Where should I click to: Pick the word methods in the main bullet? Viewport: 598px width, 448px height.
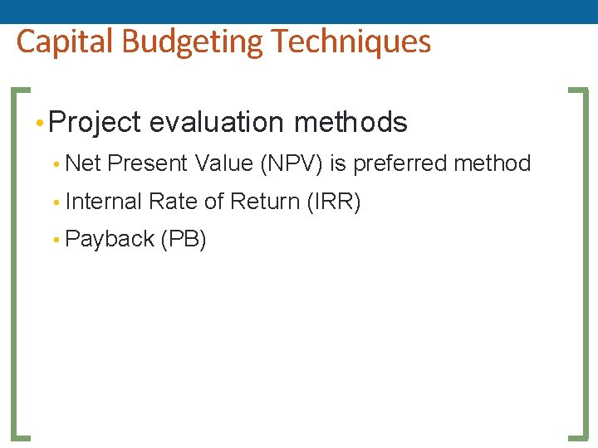pos(351,123)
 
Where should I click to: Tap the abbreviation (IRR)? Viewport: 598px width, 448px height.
pos(334,202)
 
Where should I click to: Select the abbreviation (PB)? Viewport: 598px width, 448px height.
pos(184,240)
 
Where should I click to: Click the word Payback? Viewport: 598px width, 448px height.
pos(110,240)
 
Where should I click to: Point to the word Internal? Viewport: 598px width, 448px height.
pos(103,202)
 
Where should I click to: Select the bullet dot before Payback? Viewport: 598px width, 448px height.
pos(56,241)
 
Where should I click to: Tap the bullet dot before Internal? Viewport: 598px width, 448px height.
pos(56,202)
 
